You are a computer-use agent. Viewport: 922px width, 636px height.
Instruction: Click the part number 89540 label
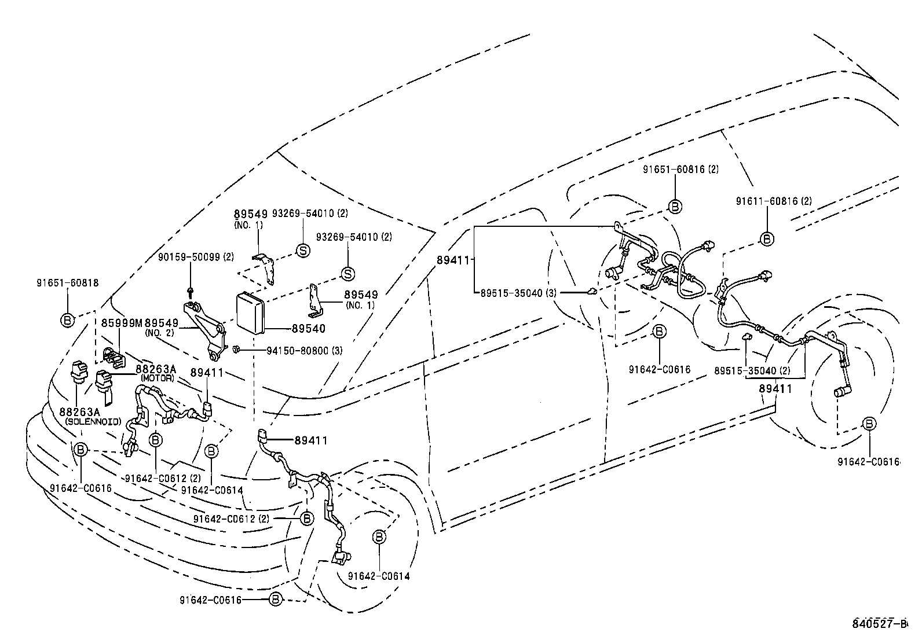tap(308, 328)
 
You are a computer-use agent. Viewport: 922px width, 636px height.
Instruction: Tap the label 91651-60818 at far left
tap(67, 283)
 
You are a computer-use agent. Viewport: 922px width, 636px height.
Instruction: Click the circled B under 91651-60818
tap(68, 319)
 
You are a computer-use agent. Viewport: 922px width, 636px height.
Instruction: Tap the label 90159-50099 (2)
tap(196, 256)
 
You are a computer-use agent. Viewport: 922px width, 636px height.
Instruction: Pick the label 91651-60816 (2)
tap(680, 169)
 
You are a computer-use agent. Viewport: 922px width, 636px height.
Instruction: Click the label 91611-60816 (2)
tap(774, 201)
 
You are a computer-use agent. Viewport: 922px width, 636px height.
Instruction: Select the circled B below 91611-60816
tap(766, 238)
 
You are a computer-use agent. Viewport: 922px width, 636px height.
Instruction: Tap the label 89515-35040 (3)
tap(518, 293)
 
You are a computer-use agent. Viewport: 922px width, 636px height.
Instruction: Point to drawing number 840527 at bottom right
tap(877, 623)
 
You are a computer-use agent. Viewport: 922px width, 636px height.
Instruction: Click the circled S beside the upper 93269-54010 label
tap(303, 250)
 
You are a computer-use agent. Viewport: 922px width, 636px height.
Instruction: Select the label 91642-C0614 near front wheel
tap(379, 576)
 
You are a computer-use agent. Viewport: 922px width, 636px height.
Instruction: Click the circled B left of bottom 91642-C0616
tap(276, 600)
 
